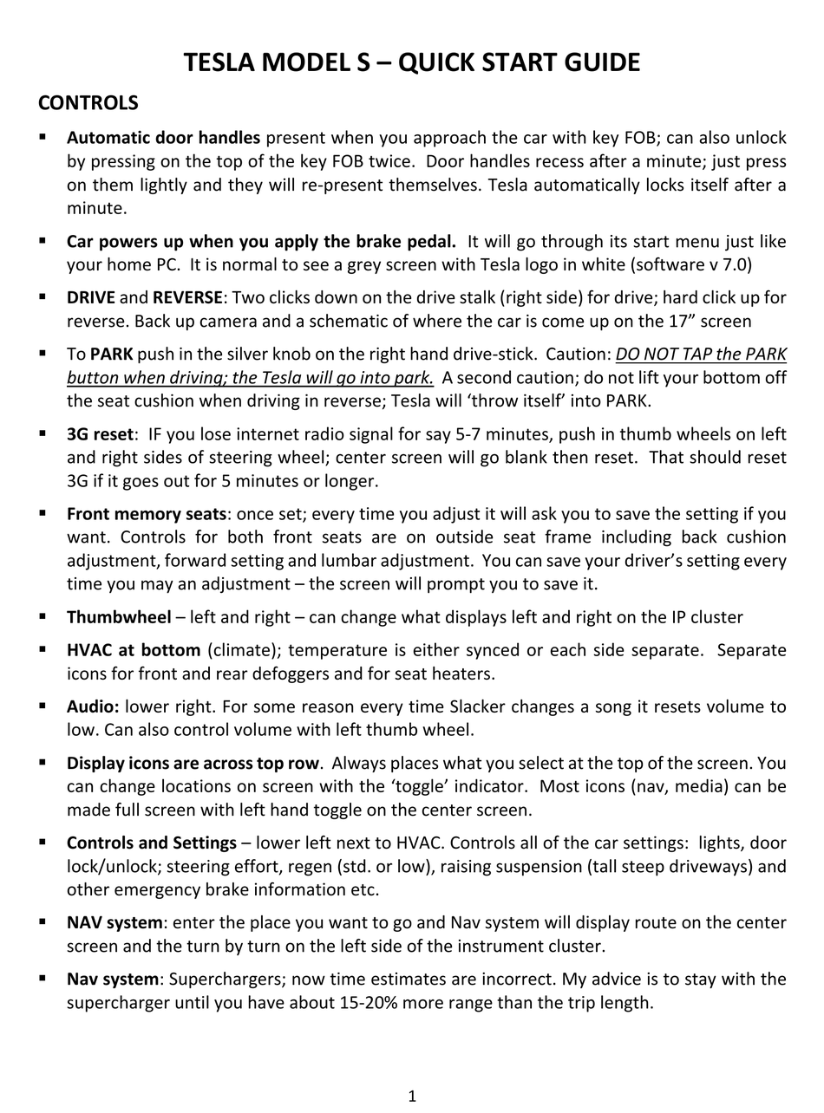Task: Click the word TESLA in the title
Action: [x=220, y=62]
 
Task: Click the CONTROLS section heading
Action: [x=88, y=103]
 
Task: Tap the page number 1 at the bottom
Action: [x=412, y=1097]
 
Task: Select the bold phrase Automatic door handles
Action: [x=163, y=138]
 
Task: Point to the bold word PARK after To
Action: [x=111, y=354]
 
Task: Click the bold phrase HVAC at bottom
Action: [x=134, y=650]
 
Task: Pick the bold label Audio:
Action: [x=93, y=706]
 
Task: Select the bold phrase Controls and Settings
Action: [x=152, y=843]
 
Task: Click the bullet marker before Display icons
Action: [x=42, y=762]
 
